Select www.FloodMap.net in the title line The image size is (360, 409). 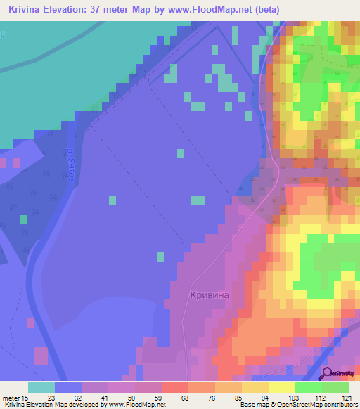pos(211,9)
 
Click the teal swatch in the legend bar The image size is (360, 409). pos(41,387)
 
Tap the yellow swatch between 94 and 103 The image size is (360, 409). pos(255,387)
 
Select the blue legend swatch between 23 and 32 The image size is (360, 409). pos(68,387)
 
